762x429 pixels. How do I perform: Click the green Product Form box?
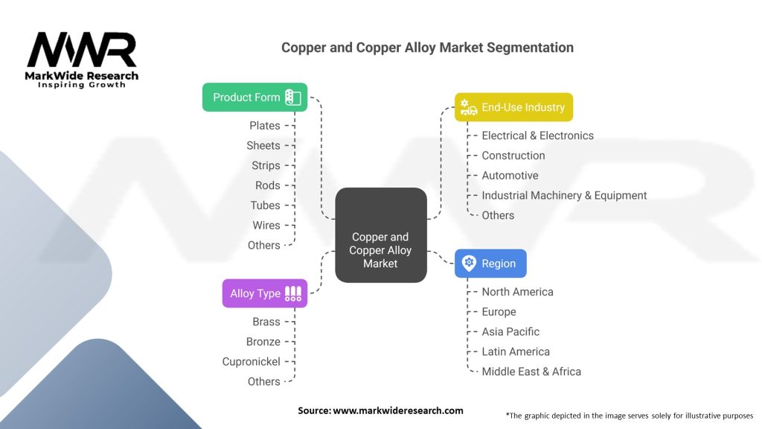254,98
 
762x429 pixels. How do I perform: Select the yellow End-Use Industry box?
513,107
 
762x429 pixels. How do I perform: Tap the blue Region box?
490,264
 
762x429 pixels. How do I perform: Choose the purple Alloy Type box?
264,293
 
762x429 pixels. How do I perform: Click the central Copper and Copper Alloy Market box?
380,235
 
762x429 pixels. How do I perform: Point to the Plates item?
265,126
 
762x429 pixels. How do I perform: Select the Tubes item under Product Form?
265,206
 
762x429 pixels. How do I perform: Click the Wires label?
266,226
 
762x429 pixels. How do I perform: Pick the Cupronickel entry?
251,362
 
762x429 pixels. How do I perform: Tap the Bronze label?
263,342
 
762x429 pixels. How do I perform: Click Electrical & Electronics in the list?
537,136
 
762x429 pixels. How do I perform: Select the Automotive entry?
510,176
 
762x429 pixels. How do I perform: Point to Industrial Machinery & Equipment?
564,196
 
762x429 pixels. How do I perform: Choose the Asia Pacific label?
510,331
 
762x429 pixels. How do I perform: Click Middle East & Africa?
531,372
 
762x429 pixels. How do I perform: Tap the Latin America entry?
516,352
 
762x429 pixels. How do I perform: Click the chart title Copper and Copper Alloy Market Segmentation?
427,48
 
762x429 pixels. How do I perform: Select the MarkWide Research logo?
82,60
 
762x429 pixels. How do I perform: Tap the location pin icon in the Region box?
469,264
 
